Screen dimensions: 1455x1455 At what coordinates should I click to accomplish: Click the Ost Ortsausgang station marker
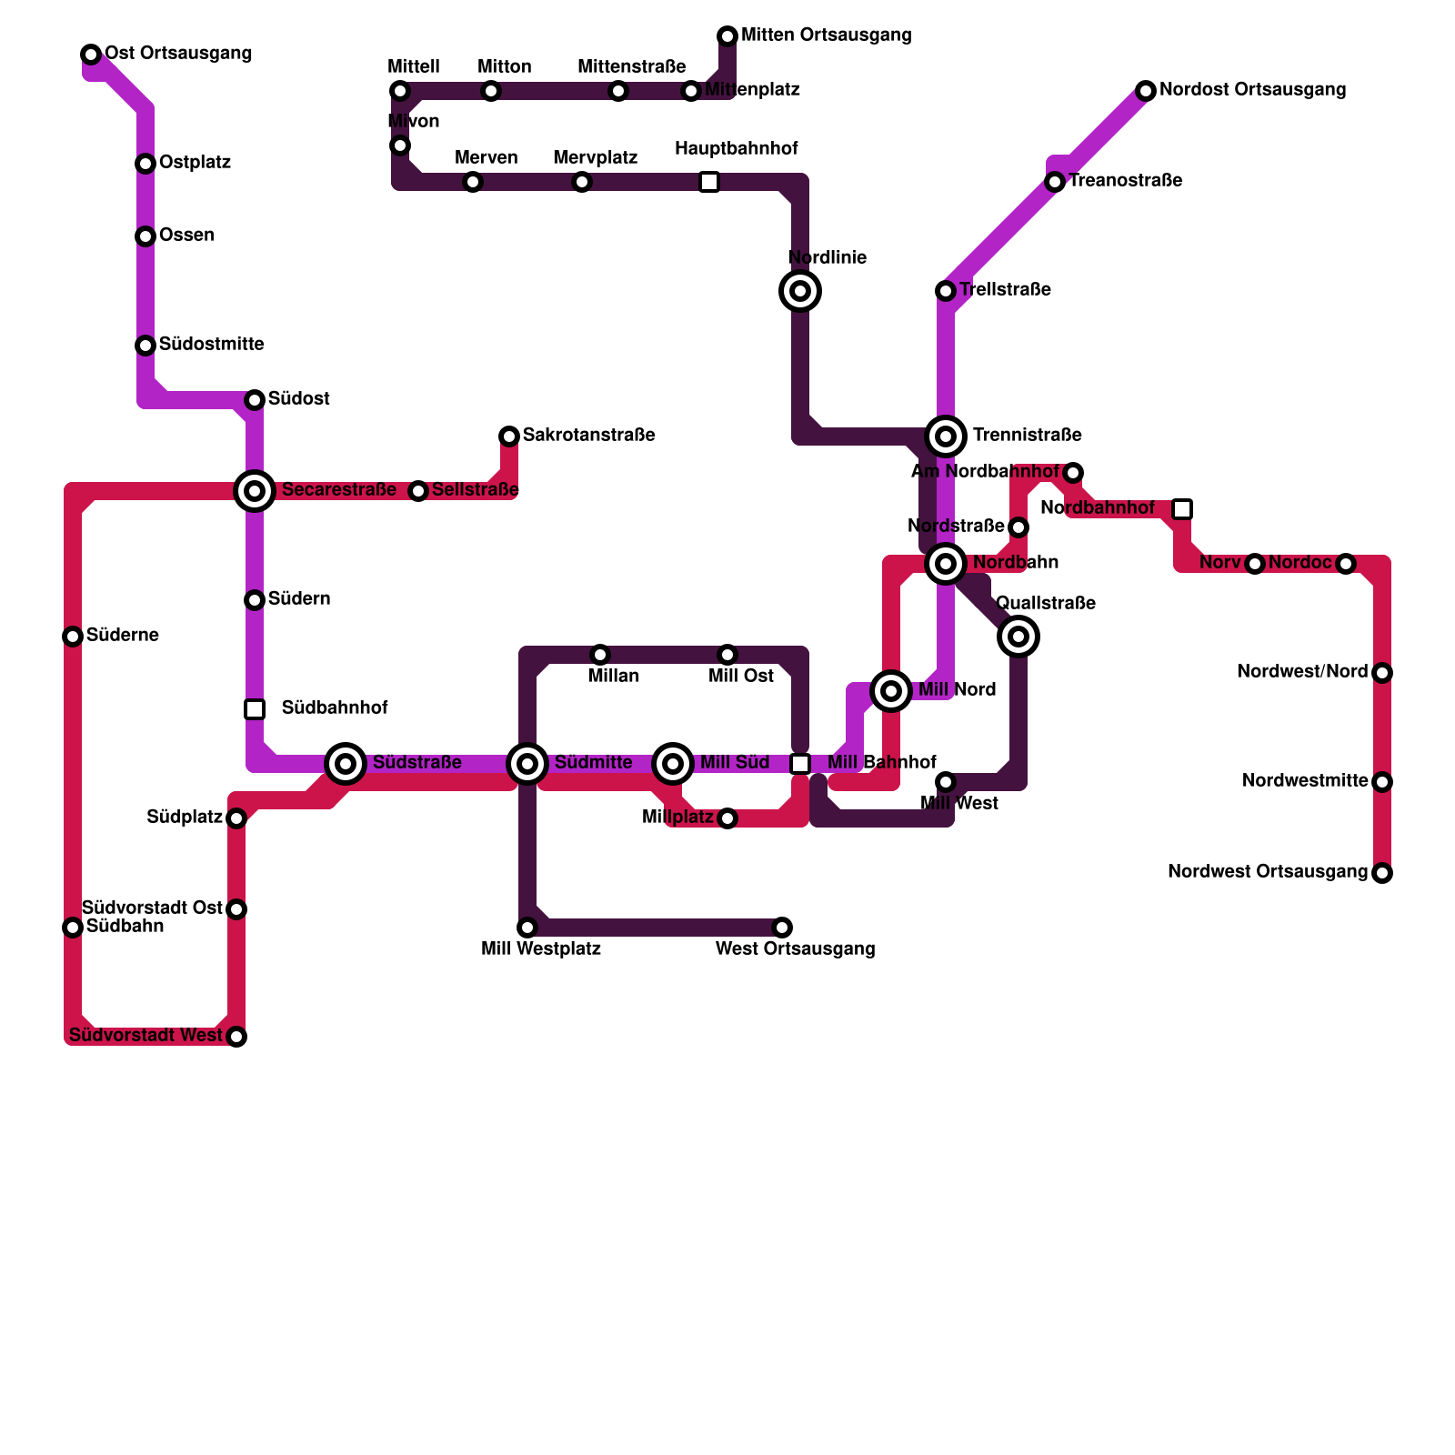coord(91,55)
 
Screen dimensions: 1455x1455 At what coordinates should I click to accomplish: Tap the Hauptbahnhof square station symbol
coord(709,182)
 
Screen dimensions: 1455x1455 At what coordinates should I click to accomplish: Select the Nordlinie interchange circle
coord(800,291)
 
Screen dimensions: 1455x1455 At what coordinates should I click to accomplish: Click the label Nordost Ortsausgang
coord(1252,90)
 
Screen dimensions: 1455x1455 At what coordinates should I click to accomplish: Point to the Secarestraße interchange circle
coord(255,491)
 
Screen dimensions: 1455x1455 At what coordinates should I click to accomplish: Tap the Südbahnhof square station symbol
coord(255,709)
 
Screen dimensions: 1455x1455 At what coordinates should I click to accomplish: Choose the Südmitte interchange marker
coord(527,764)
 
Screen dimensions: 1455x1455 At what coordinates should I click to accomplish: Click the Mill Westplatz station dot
coord(527,928)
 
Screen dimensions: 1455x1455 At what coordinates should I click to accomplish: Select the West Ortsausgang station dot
coord(782,928)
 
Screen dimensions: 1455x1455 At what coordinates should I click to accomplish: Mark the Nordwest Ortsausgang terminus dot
coord(1382,873)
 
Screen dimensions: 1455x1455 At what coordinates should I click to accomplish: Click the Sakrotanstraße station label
coord(588,436)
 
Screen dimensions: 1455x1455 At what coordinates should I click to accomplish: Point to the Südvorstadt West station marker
coord(236,1037)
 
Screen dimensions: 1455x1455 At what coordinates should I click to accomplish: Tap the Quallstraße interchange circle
coord(1018,637)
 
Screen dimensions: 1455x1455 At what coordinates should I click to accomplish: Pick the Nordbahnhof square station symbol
coord(1182,509)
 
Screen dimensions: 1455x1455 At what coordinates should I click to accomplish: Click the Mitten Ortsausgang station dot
coord(727,36)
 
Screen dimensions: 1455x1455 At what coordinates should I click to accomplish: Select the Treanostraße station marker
coord(1055,182)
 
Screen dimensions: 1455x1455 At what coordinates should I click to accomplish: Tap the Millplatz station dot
coord(727,818)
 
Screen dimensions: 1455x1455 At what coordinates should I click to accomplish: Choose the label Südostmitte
coord(211,345)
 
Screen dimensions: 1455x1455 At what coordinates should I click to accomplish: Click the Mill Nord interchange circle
coord(891,691)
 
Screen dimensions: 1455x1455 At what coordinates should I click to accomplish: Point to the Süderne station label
coord(122,636)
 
